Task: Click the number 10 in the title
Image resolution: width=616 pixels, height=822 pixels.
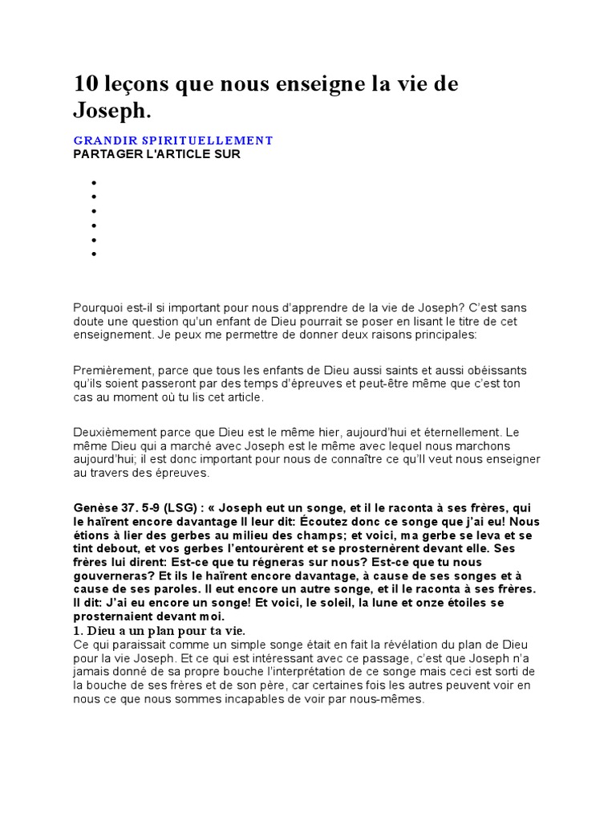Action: coord(86,84)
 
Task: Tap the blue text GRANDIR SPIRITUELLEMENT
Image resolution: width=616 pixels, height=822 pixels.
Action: coord(173,140)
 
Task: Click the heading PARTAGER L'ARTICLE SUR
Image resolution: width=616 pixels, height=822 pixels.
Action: coord(156,154)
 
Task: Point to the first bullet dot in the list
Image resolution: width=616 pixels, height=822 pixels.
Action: coord(94,182)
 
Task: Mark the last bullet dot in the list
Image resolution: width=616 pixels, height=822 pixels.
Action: coord(94,254)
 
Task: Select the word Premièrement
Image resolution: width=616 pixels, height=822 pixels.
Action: coord(112,369)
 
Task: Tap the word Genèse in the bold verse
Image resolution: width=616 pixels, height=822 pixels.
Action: coord(95,507)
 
